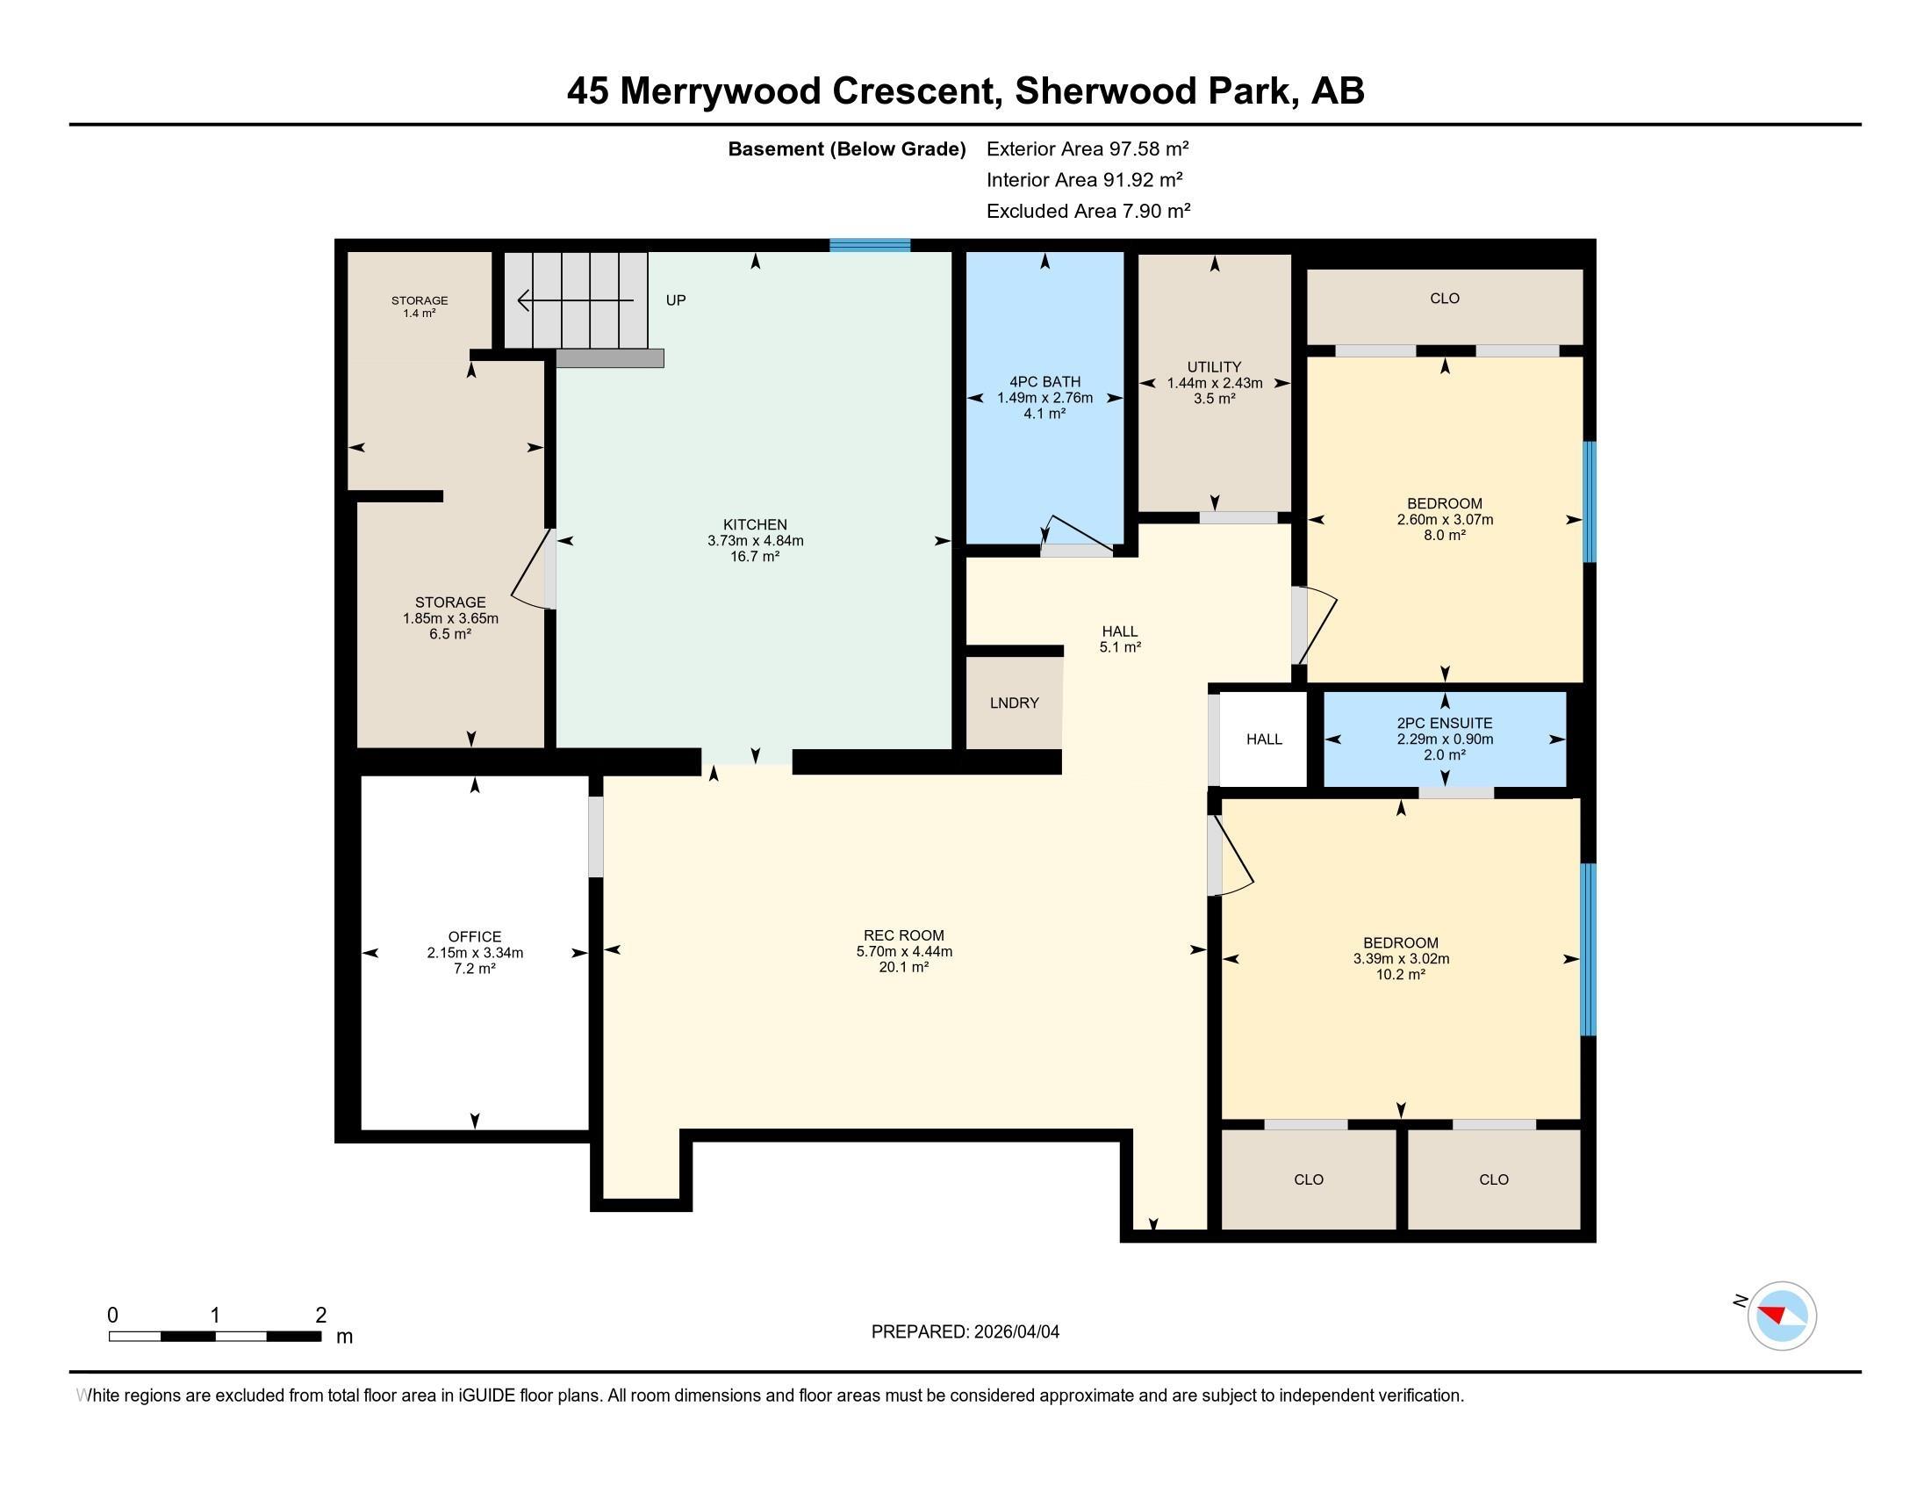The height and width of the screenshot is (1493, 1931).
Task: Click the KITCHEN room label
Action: point(755,524)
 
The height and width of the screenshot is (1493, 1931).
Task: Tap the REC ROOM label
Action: point(903,935)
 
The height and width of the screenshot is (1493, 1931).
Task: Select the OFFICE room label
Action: point(475,937)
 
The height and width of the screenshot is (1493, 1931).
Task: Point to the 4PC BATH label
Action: point(1045,382)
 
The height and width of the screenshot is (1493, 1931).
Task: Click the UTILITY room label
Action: point(1215,367)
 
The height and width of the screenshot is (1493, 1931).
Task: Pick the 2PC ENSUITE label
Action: point(1445,724)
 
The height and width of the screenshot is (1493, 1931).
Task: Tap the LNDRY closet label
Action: point(1014,703)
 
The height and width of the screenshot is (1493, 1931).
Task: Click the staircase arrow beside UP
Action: point(576,300)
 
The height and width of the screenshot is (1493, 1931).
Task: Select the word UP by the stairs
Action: point(676,300)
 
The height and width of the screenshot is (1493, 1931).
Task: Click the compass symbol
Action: point(1781,1316)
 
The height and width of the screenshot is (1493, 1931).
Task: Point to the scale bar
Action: point(215,1337)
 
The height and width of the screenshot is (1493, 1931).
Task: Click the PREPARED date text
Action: point(965,1332)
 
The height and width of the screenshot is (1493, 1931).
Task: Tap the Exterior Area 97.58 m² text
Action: point(1088,148)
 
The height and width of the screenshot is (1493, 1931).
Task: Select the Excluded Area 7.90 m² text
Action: point(1088,211)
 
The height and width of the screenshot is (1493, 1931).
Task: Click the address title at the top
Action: point(965,90)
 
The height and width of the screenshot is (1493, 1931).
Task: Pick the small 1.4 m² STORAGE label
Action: point(420,307)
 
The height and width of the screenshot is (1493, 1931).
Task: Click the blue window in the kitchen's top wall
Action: point(870,245)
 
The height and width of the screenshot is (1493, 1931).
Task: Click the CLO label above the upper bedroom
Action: point(1445,299)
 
